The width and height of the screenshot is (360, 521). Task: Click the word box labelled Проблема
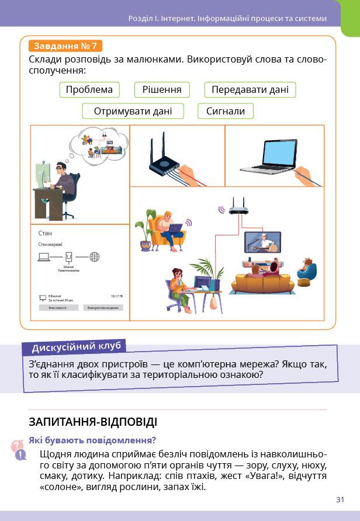pyautogui.click(x=89, y=89)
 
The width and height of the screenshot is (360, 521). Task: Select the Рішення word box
pyautogui.click(x=162, y=89)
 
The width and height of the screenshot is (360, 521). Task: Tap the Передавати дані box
pyautogui.click(x=250, y=89)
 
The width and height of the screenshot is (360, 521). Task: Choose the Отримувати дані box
pyautogui.click(x=133, y=111)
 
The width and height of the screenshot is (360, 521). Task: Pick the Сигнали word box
pyautogui.click(x=226, y=111)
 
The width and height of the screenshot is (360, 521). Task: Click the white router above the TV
pyautogui.click(x=237, y=208)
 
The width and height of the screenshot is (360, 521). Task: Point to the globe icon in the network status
pyautogui.click(x=95, y=256)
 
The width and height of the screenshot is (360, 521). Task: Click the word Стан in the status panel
pyautogui.click(x=45, y=233)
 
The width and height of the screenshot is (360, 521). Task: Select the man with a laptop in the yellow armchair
pyautogui.click(x=169, y=230)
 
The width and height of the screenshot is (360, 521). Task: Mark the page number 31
pyautogui.click(x=340, y=499)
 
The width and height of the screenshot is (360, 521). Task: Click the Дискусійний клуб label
pyautogui.click(x=77, y=347)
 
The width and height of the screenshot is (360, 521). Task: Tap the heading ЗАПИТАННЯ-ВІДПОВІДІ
pyautogui.click(x=93, y=422)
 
